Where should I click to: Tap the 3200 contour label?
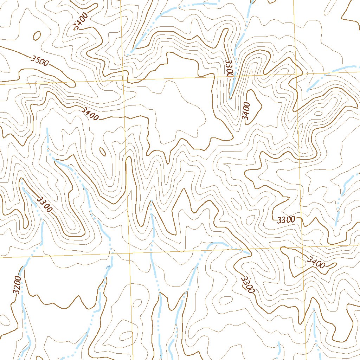(17, 285)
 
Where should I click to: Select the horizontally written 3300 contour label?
(286, 220)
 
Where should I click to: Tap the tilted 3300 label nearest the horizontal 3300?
(247, 285)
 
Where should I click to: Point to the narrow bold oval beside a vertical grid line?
(103, 152)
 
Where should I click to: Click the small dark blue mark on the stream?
(108, 267)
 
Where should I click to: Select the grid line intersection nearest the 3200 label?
(129, 253)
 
